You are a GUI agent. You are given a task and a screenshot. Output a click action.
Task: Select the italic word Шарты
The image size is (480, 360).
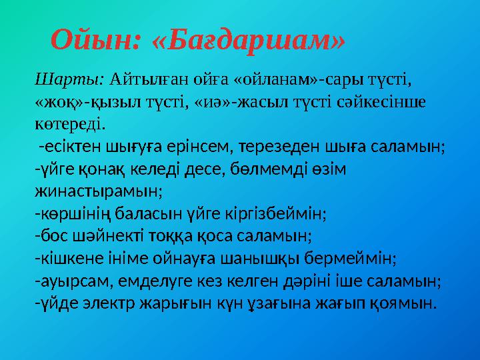point(69,81)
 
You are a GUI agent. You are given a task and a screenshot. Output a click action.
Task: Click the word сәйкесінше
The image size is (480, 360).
point(388,102)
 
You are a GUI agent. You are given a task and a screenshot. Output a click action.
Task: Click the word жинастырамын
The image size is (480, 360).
point(98,191)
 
